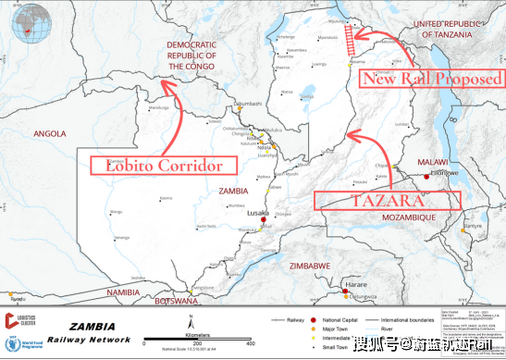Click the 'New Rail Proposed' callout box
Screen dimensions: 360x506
pos(432,78)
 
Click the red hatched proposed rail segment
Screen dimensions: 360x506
pos(350,38)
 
